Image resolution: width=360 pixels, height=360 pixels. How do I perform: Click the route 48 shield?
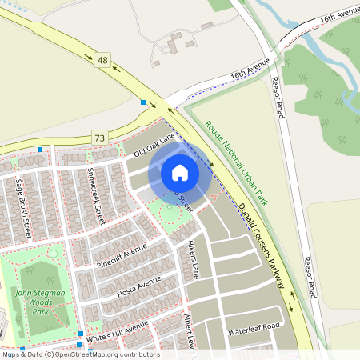point(101,59)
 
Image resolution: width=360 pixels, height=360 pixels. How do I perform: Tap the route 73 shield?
point(98,138)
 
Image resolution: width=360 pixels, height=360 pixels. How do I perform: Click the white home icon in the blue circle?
point(180,172)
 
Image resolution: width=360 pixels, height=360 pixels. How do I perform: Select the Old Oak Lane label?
point(154,145)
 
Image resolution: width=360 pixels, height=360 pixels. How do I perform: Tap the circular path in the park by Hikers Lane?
point(170,213)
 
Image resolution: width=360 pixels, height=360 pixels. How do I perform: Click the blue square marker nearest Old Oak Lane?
point(143,102)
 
